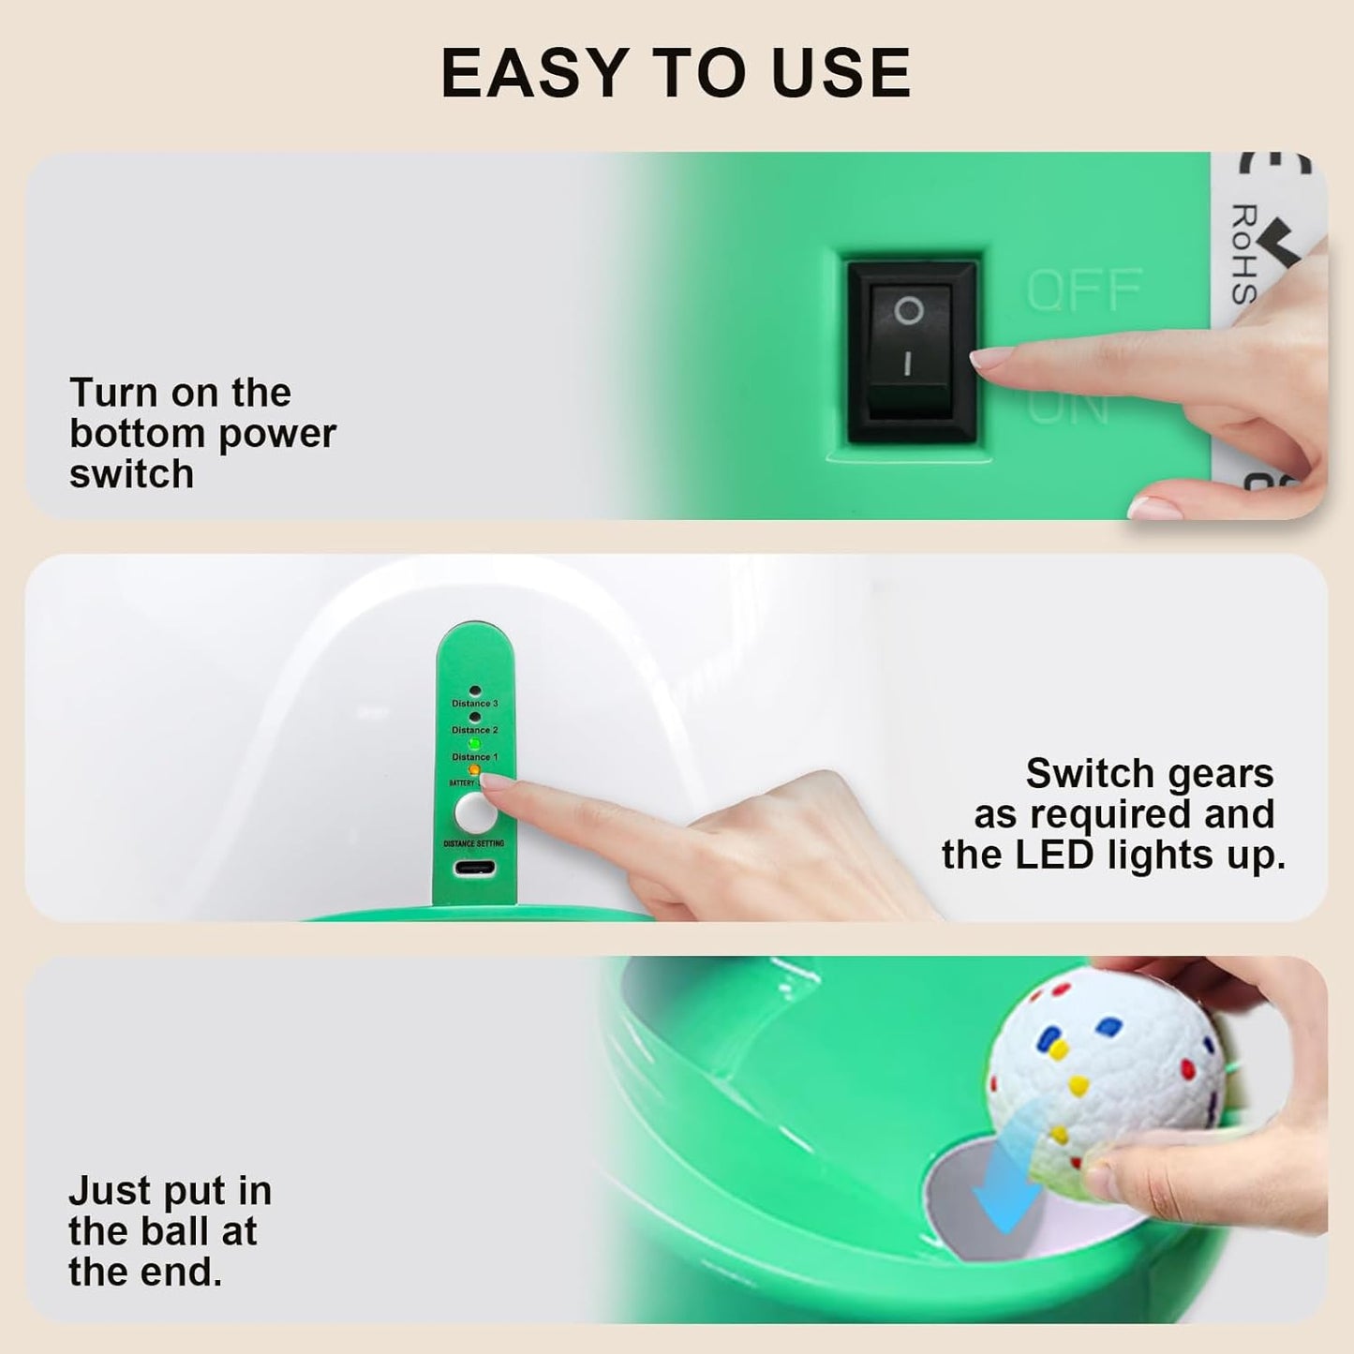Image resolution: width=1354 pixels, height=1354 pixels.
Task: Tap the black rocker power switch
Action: coord(910,350)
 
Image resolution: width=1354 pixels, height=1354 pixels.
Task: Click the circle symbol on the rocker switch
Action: coord(908,310)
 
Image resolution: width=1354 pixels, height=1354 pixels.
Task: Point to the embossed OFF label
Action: coord(1084,290)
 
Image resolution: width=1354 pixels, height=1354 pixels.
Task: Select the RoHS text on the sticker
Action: coord(1243,253)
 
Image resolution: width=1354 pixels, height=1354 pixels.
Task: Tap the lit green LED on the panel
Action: coord(475,744)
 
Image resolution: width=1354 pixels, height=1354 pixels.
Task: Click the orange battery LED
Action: coord(474,770)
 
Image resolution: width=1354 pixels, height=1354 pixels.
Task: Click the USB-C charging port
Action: coord(475,867)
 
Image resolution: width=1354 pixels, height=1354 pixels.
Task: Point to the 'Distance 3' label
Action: coord(475,704)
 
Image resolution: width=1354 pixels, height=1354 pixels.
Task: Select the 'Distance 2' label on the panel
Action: coord(475,730)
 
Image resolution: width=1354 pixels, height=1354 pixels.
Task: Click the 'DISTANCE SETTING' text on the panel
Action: coord(474,843)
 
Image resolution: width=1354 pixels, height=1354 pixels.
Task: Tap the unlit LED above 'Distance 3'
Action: coord(475,692)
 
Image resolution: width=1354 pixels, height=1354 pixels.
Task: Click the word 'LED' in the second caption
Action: coord(1064,856)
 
